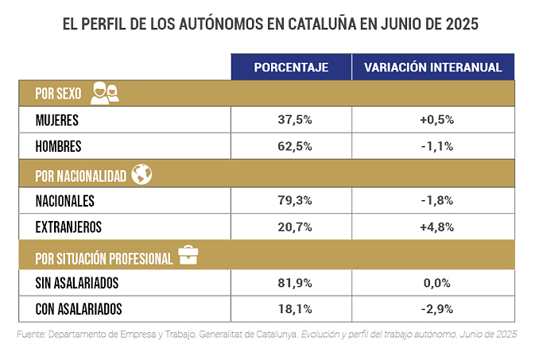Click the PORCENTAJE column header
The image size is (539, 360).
291,68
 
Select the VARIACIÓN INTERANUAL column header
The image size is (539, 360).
433,68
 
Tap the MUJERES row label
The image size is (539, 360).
58,120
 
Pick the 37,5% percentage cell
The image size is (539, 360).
291,120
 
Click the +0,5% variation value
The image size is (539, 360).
436,120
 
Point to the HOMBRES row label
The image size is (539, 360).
59,146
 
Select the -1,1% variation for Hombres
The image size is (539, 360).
436,146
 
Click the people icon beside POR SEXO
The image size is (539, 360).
105,93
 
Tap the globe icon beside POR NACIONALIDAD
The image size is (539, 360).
142,174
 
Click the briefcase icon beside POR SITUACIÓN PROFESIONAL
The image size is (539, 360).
188,256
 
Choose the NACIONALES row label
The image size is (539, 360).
65,201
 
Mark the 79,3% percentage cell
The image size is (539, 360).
291,201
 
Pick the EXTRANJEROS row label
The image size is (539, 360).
68,227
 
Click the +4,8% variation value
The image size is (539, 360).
436,227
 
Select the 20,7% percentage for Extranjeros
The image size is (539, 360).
291,227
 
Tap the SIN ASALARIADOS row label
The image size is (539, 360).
77,282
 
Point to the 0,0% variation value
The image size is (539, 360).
436,282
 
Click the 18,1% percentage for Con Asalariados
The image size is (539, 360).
291,308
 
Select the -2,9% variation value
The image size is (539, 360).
436,308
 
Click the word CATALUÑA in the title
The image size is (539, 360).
322,24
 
